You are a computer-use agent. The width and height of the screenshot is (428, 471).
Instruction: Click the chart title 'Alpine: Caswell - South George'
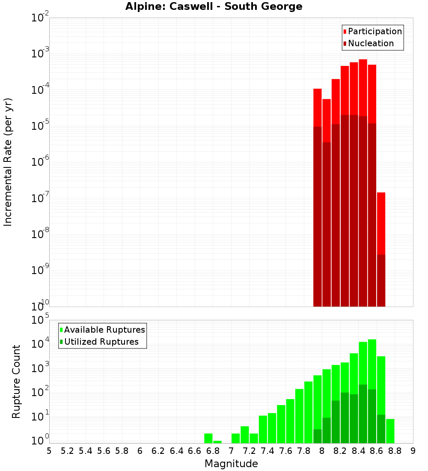coord(214,6)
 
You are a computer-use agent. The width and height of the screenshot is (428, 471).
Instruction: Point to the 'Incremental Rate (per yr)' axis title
coord(8,162)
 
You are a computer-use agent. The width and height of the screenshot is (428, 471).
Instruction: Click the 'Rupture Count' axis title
coord(16,382)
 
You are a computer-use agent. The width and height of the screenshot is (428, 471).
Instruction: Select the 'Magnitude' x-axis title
coord(231,464)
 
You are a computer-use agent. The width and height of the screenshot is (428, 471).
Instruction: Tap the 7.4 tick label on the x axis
coord(267,451)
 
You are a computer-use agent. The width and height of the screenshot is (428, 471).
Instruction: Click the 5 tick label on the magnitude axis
coord(49,451)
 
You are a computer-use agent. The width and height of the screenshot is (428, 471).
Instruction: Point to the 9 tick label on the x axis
coord(413,451)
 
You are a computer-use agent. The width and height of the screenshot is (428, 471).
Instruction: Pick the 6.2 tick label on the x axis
coord(158,451)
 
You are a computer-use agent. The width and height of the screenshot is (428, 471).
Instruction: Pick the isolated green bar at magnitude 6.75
coord(208,438)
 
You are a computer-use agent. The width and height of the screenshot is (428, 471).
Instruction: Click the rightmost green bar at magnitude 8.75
coord(390,431)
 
